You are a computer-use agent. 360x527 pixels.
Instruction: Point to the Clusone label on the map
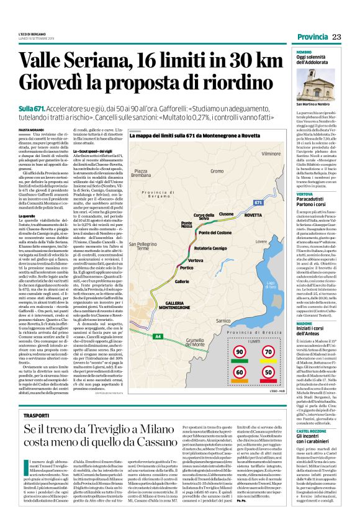[x=226, y=212]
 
